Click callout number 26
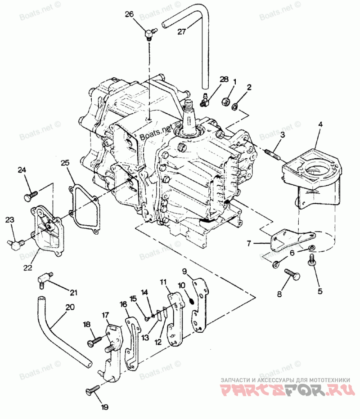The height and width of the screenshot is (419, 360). pyautogui.click(x=129, y=14)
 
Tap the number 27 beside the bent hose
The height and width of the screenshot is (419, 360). pyautogui.click(x=181, y=31)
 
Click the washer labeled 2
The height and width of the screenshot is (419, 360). pyautogui.click(x=234, y=107)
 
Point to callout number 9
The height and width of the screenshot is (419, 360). pyautogui.click(x=184, y=271)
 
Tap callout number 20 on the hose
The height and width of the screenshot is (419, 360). pyautogui.click(x=70, y=308)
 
